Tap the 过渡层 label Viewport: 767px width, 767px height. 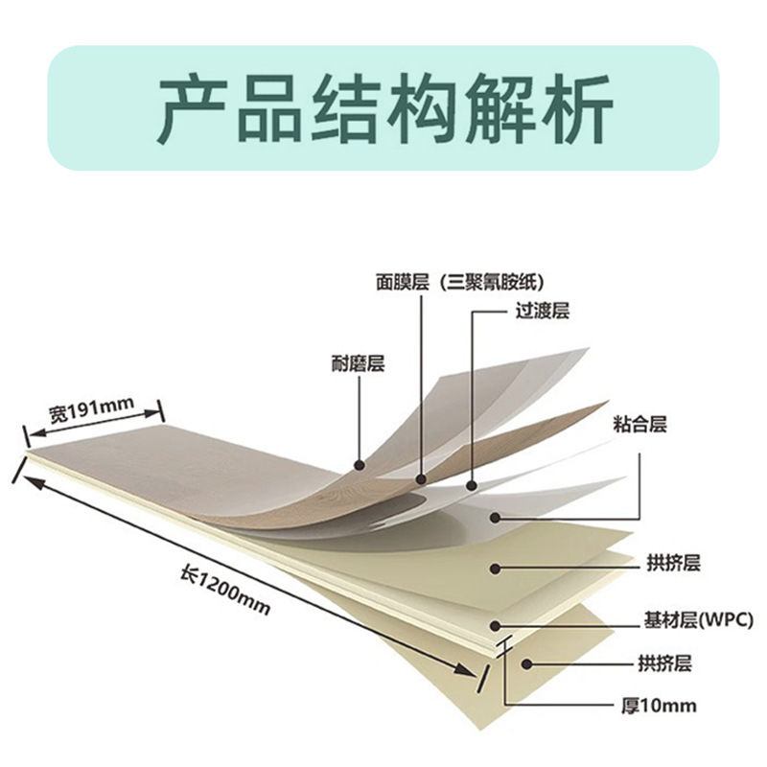click(542, 312)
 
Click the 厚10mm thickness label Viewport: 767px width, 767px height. click(657, 707)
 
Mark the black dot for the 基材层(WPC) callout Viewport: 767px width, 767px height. click(496, 625)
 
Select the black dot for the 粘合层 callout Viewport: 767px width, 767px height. click(496, 518)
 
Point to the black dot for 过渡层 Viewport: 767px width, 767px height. click(471, 486)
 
